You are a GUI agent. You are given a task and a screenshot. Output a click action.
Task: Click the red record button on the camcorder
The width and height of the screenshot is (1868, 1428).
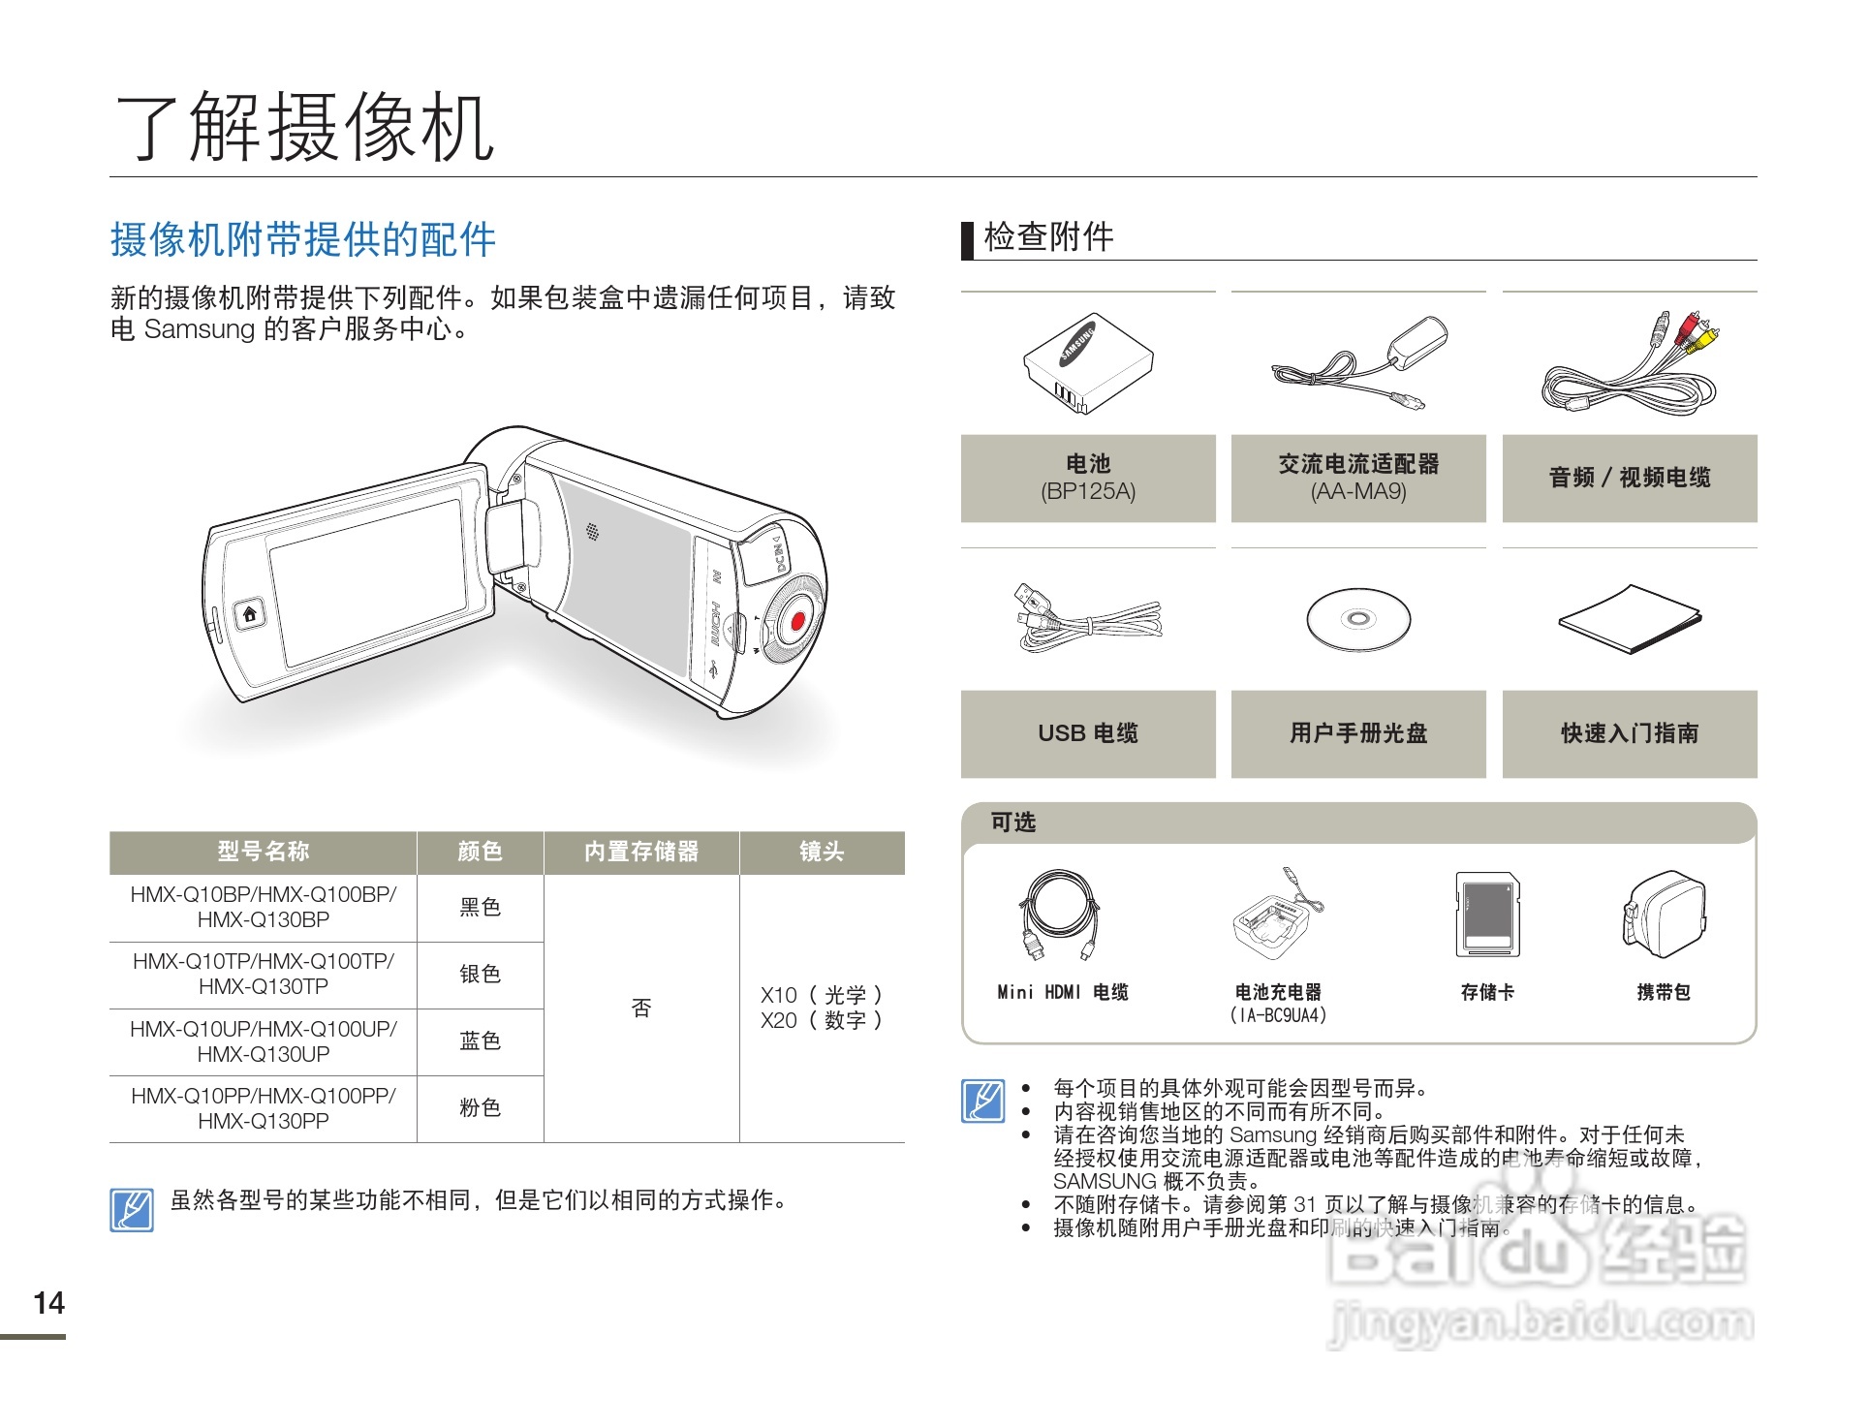[796, 622]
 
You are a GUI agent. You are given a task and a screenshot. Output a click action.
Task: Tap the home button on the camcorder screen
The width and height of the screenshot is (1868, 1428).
[250, 614]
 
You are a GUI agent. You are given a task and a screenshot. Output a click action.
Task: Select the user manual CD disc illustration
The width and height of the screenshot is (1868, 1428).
[1358, 619]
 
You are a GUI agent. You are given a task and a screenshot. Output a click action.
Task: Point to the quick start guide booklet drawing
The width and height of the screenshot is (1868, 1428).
[1630, 619]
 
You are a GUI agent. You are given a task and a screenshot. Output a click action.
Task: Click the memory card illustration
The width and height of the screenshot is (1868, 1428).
[1487, 914]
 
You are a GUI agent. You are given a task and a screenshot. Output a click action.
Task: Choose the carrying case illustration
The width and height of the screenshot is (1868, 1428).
[1664, 914]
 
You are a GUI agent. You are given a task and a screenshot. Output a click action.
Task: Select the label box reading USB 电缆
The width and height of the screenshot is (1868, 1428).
[1088, 733]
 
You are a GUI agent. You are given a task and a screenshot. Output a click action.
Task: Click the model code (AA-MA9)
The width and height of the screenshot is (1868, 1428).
[1358, 491]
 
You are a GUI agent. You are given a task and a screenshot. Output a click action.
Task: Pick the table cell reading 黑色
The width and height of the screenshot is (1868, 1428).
[480, 907]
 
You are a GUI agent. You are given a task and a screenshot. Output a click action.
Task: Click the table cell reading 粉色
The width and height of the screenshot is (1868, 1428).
[480, 1107]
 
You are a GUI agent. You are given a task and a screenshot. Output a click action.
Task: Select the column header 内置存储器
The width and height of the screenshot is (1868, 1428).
[641, 852]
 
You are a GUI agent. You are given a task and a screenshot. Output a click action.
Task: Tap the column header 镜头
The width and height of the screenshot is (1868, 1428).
[822, 852]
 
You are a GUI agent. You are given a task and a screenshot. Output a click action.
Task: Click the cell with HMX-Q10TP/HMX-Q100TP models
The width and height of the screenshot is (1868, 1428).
[264, 974]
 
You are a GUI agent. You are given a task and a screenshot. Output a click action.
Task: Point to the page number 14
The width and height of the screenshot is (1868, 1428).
[48, 1303]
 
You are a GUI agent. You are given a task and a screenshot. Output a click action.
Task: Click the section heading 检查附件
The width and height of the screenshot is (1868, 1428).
[1048, 236]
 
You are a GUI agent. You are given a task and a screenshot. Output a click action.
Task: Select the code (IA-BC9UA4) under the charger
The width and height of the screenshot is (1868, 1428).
[1278, 1015]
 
